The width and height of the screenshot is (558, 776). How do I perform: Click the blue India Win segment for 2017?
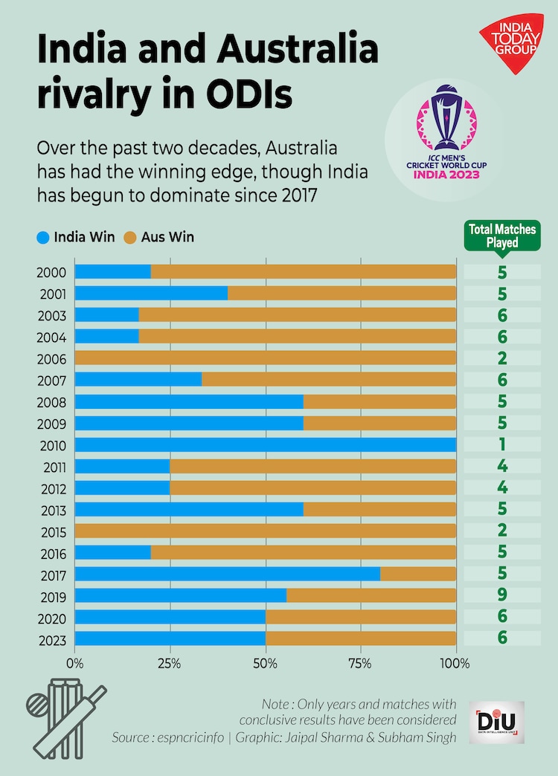(x=227, y=575)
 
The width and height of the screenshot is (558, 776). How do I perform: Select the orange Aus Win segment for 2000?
(x=304, y=271)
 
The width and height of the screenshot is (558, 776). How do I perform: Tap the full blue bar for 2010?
(x=266, y=445)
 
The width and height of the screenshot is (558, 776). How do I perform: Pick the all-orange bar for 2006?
(x=266, y=358)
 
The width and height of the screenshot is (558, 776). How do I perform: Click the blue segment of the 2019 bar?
(x=181, y=596)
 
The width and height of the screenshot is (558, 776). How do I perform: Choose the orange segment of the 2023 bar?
(x=361, y=639)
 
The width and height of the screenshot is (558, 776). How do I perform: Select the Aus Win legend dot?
(x=130, y=238)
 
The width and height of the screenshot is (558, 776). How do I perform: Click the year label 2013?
(x=51, y=511)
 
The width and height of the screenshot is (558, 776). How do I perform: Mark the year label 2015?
(x=51, y=532)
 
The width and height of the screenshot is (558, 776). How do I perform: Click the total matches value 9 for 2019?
(x=502, y=596)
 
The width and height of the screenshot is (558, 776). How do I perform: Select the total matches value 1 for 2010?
(x=502, y=445)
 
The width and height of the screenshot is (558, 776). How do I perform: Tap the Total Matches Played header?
(x=502, y=236)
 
